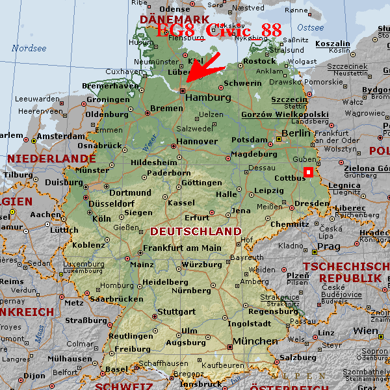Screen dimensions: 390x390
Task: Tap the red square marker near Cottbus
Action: [x=308, y=172]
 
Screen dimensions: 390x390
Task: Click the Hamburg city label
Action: [x=208, y=97]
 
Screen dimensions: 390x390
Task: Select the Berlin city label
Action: [x=296, y=133]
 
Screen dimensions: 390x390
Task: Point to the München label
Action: [x=255, y=341]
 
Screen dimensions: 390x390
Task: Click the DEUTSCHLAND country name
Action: [x=195, y=231]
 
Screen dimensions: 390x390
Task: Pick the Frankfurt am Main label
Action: [x=182, y=248]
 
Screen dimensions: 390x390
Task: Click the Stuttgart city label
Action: [x=176, y=311]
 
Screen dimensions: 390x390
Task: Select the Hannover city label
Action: [x=197, y=141]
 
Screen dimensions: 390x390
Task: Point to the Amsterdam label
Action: [x=61, y=136]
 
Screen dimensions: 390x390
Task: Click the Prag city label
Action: [x=328, y=247]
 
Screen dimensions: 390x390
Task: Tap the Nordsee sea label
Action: [x=29, y=48]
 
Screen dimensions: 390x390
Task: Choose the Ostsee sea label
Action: [x=310, y=28]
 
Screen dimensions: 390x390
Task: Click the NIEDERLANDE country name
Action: [x=51, y=158]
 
